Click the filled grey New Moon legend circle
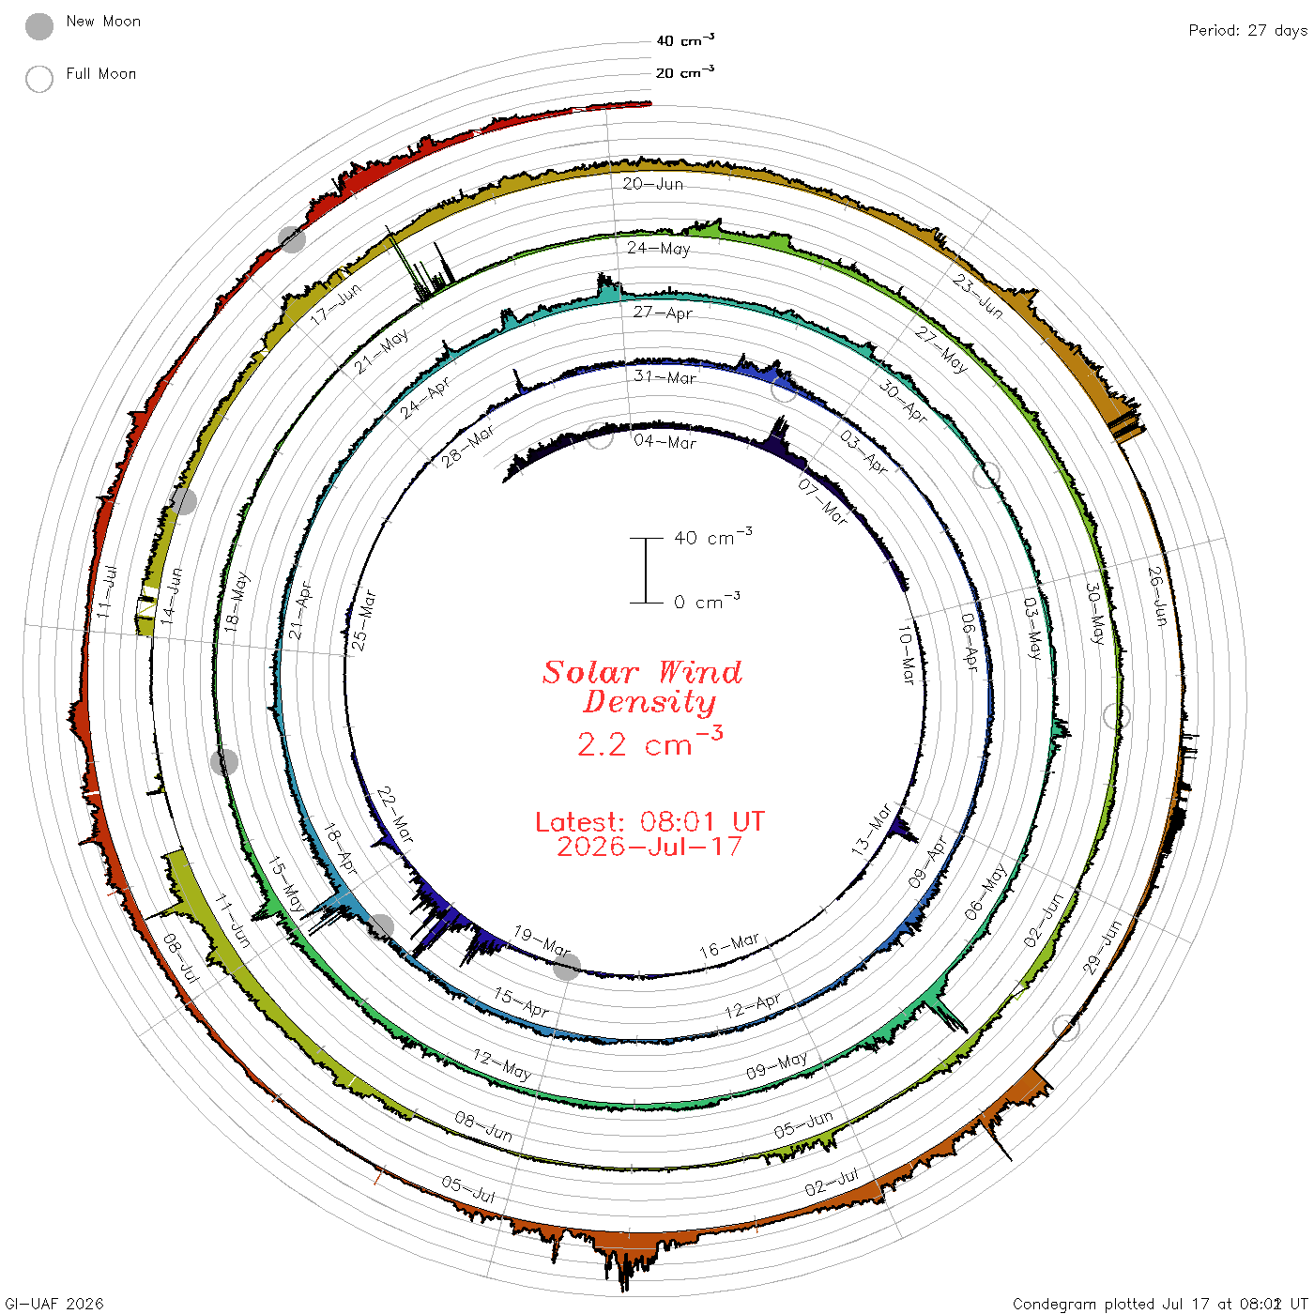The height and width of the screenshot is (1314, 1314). point(38,26)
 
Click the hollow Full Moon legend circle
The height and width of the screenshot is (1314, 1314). point(38,79)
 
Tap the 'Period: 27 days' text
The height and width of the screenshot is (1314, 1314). point(1247,31)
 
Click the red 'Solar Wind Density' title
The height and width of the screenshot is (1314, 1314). point(642,687)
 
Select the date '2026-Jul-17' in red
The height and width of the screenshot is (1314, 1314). point(649,847)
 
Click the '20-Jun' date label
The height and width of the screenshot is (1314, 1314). point(652,183)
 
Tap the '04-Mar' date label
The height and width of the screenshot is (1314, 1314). point(665,441)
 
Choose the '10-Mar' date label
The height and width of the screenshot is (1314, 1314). point(906,654)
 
